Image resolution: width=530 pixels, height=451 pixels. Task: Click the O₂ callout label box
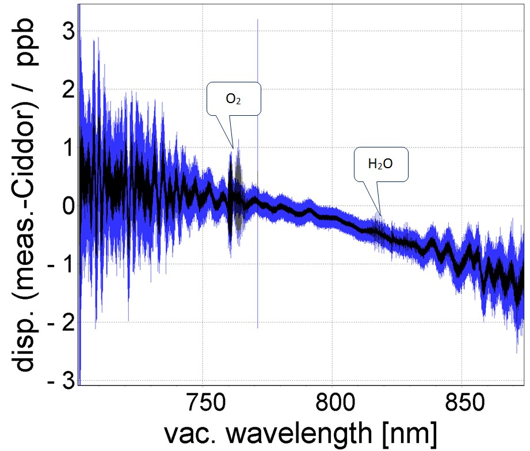point(234,98)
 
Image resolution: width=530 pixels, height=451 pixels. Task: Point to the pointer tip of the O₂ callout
point(233,147)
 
